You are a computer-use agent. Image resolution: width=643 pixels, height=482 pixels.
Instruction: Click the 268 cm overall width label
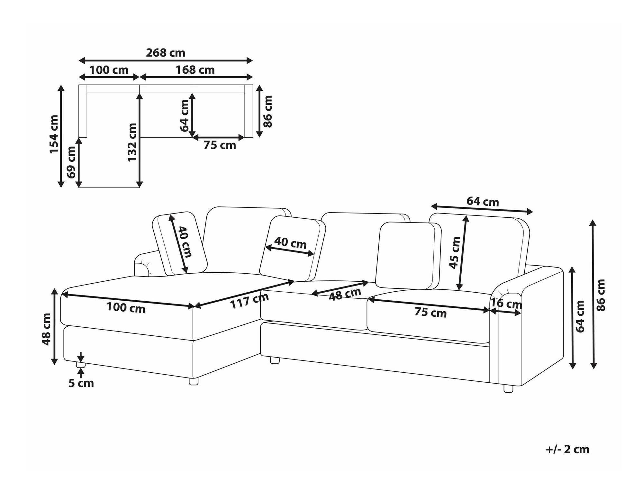point(166,53)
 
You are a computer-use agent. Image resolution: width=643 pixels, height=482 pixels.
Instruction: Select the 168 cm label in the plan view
point(195,70)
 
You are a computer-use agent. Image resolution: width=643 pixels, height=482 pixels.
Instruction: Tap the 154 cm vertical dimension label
point(54,134)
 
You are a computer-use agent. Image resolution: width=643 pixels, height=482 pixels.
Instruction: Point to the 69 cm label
point(71,162)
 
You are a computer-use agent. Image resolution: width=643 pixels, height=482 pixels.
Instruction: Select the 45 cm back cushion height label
point(455,252)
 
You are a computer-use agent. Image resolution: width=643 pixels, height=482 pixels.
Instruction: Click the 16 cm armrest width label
point(506,304)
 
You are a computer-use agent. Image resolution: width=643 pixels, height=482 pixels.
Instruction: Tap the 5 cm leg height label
point(81,383)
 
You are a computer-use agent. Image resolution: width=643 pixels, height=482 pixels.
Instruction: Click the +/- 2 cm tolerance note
point(567,449)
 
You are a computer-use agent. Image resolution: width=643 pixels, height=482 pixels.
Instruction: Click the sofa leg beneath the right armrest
point(508,388)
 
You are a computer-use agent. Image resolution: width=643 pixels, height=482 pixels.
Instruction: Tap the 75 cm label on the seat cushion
point(430,313)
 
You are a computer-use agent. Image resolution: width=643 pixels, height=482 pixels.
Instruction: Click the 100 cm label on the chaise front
point(126,308)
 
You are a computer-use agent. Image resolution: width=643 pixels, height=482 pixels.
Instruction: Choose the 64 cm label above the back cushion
point(483,202)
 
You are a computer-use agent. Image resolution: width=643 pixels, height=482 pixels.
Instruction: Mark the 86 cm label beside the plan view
point(267,111)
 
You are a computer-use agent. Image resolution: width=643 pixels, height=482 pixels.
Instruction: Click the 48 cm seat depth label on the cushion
point(345,294)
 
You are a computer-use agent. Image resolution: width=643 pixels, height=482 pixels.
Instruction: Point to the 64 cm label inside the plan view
point(185,116)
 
